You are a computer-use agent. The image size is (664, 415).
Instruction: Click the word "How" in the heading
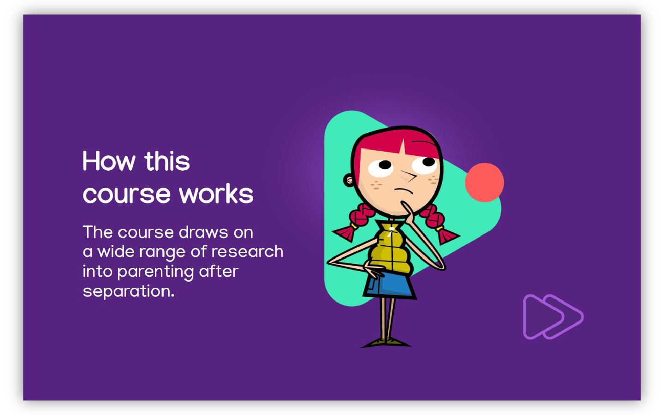click(x=109, y=161)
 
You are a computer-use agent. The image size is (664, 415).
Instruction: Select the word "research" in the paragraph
click(x=247, y=252)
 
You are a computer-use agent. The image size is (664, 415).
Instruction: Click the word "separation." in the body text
click(x=128, y=291)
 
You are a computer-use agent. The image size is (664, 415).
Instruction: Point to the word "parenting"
click(x=156, y=272)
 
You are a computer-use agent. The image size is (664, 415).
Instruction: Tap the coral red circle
click(x=484, y=182)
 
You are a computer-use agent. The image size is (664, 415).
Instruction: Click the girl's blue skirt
click(x=389, y=285)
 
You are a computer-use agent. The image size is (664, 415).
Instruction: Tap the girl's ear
click(x=349, y=180)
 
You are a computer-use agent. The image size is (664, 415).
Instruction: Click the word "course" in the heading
click(x=126, y=194)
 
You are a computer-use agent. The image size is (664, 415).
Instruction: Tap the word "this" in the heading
click(x=167, y=161)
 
